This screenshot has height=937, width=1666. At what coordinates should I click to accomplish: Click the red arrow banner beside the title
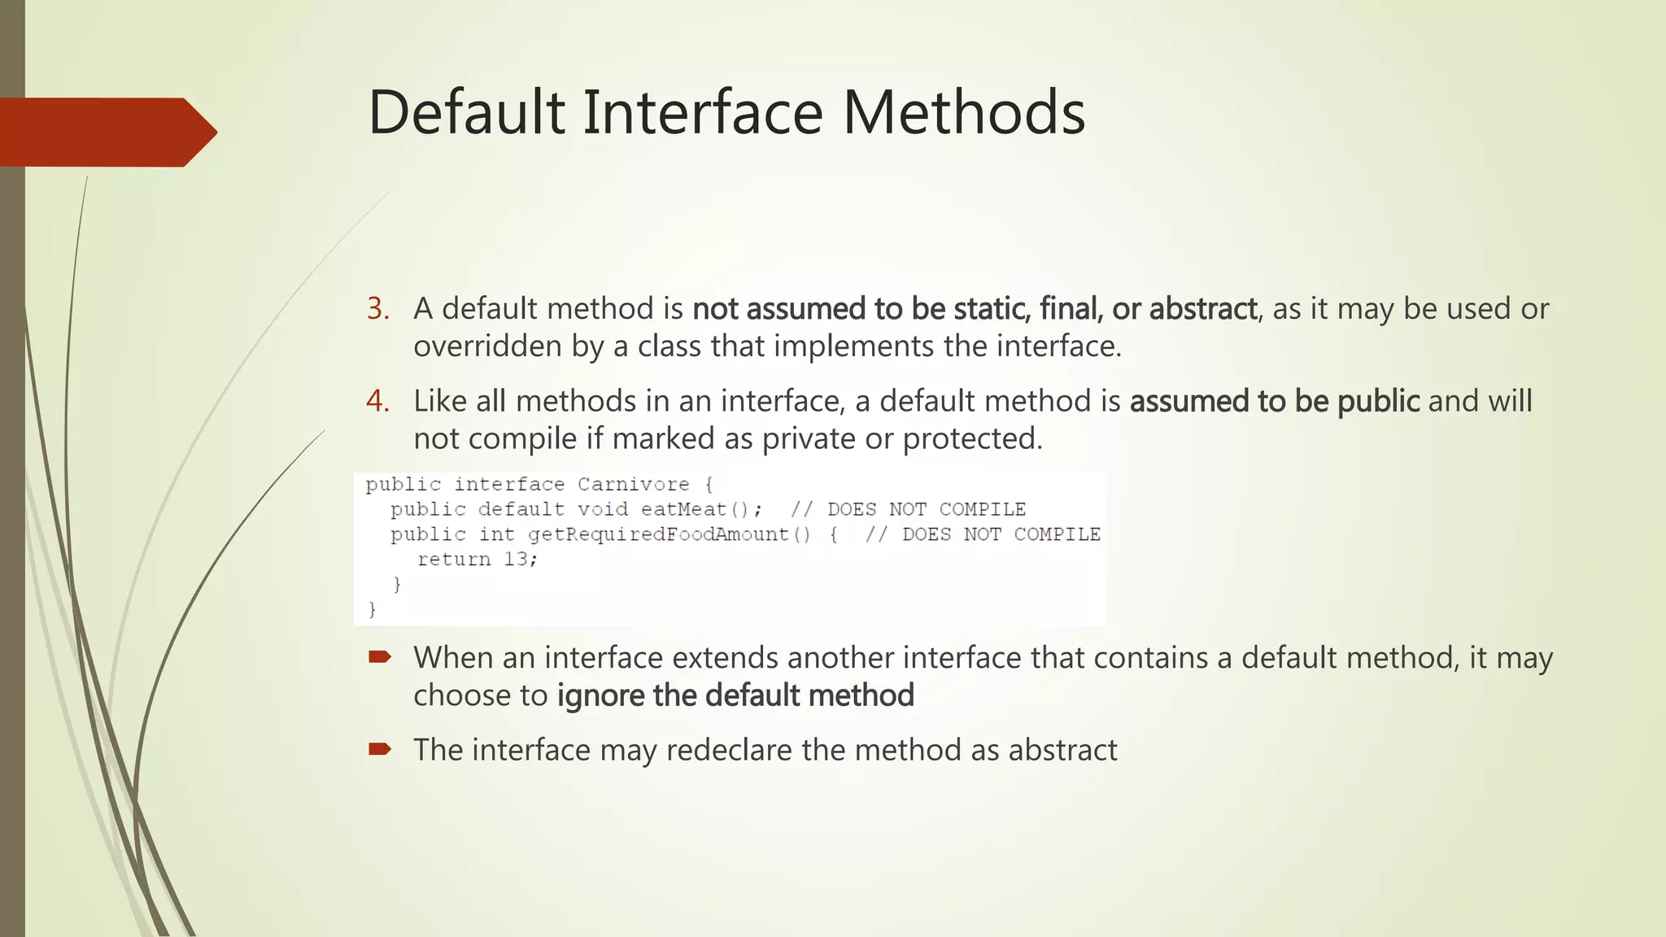106,132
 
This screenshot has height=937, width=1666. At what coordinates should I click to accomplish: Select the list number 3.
377,309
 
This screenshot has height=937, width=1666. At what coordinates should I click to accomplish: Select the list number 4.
377,401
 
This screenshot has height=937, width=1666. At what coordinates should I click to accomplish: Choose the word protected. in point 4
972,439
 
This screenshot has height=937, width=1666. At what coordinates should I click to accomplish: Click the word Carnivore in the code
633,485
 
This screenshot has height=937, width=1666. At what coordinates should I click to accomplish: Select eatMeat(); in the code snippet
701,510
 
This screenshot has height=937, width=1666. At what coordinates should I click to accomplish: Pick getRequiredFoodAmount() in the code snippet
669,535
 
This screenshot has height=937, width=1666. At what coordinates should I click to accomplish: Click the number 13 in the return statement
516,560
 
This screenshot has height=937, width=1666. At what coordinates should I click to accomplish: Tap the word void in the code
602,510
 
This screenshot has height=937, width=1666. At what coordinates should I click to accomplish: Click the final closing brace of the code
372,609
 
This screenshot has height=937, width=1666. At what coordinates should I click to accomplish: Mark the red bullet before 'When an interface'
380,657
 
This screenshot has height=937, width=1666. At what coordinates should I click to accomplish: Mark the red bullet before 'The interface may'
380,749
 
